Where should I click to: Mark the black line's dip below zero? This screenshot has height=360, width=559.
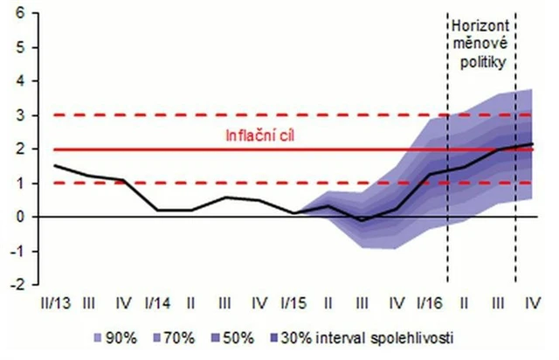361,220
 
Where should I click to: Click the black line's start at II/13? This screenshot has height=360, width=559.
54,165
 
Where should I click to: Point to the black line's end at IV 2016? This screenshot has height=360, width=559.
532,144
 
